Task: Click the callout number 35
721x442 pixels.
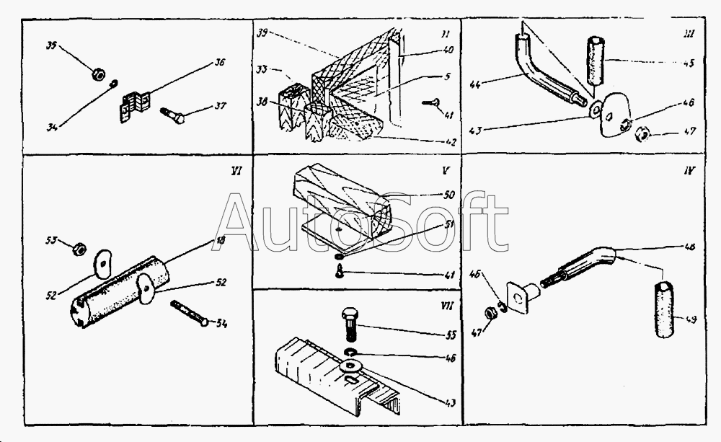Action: pyautogui.click(x=51, y=46)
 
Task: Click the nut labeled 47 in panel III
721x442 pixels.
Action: pyautogui.click(x=645, y=134)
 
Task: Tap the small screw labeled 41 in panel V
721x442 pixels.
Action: pyautogui.click(x=339, y=272)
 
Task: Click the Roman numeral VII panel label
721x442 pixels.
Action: pyautogui.click(x=446, y=306)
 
